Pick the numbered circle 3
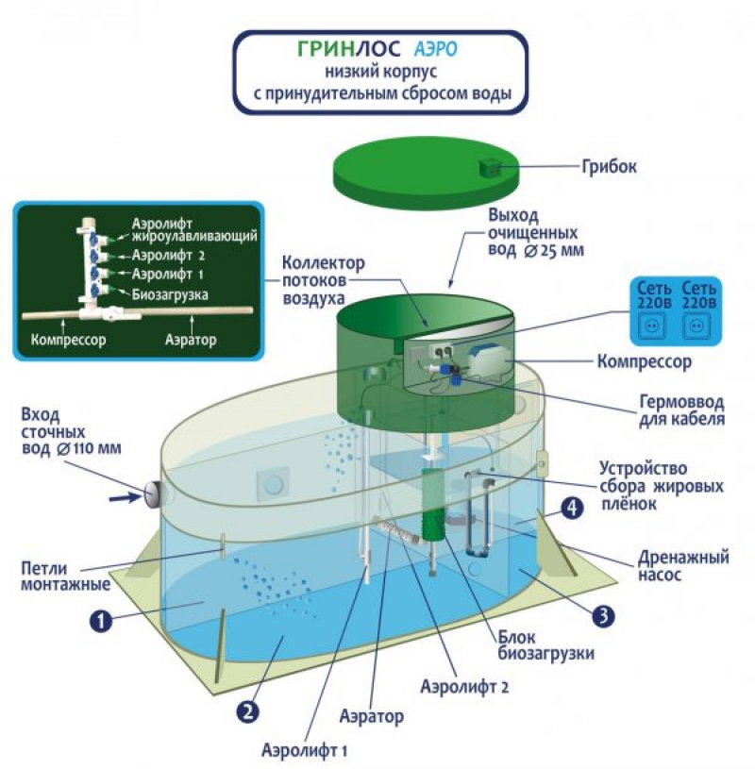603,616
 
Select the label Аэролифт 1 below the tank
304,751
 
